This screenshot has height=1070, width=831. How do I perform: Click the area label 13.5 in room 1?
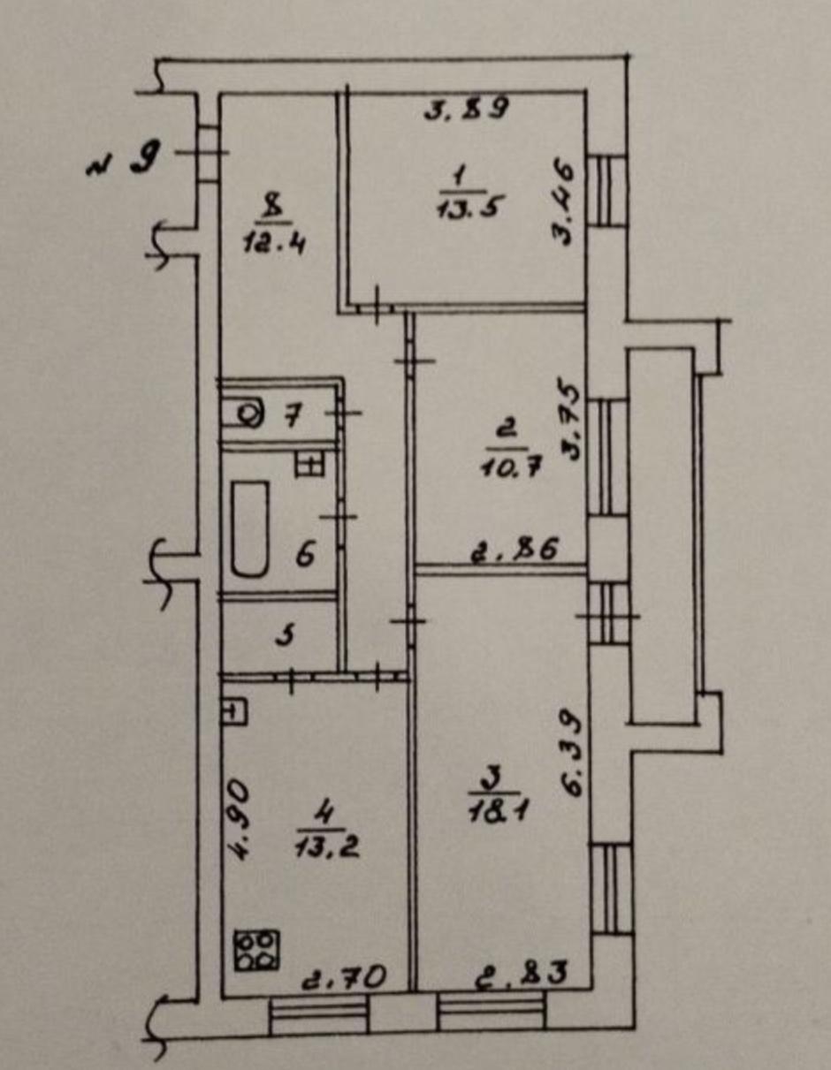coord(461,209)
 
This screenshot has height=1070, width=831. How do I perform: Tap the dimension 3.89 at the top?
coord(466,110)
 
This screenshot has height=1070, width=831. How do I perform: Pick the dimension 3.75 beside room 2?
coord(570,422)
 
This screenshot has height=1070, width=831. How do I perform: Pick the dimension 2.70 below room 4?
coord(342,976)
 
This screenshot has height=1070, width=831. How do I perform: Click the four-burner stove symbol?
coord(256,951)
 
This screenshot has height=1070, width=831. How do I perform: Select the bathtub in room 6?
coord(250,529)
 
